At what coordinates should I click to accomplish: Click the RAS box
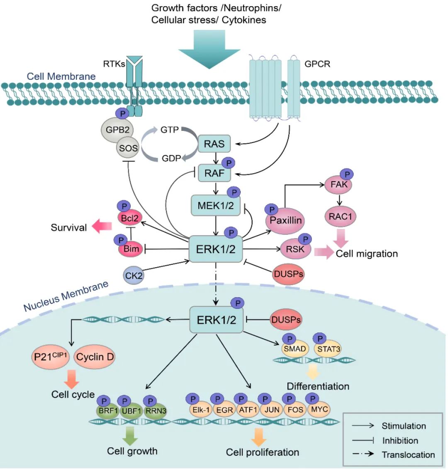[214, 144]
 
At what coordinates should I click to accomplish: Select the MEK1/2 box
[216, 205]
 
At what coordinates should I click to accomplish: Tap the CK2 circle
[134, 275]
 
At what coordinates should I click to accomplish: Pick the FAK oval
[339, 184]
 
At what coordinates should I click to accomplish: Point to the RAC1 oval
[340, 217]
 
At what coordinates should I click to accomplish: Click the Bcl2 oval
[129, 217]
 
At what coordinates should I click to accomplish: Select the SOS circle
[128, 148]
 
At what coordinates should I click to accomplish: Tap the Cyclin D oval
[95, 357]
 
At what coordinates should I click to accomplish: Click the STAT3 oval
[329, 349]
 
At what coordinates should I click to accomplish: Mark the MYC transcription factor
[319, 409]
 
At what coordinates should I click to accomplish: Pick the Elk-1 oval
[201, 410]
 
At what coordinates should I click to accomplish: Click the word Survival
[69, 227]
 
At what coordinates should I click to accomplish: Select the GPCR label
[317, 64]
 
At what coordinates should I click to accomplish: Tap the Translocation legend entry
[408, 455]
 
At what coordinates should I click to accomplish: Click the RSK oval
[295, 249]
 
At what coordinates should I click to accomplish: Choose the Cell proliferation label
[262, 452]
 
